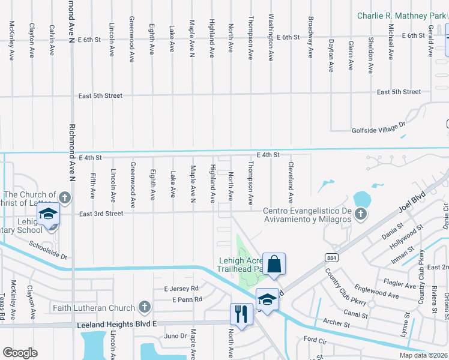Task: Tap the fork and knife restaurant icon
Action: point(241,315)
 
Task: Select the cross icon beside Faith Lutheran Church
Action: point(143,308)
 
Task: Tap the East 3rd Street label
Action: point(101,214)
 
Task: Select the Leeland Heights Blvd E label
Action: point(116,325)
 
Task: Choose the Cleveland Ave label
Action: point(291,182)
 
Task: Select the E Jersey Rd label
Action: point(182,289)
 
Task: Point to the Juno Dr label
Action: point(175,335)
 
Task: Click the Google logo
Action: point(20,353)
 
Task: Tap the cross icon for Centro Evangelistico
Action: point(361,214)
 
